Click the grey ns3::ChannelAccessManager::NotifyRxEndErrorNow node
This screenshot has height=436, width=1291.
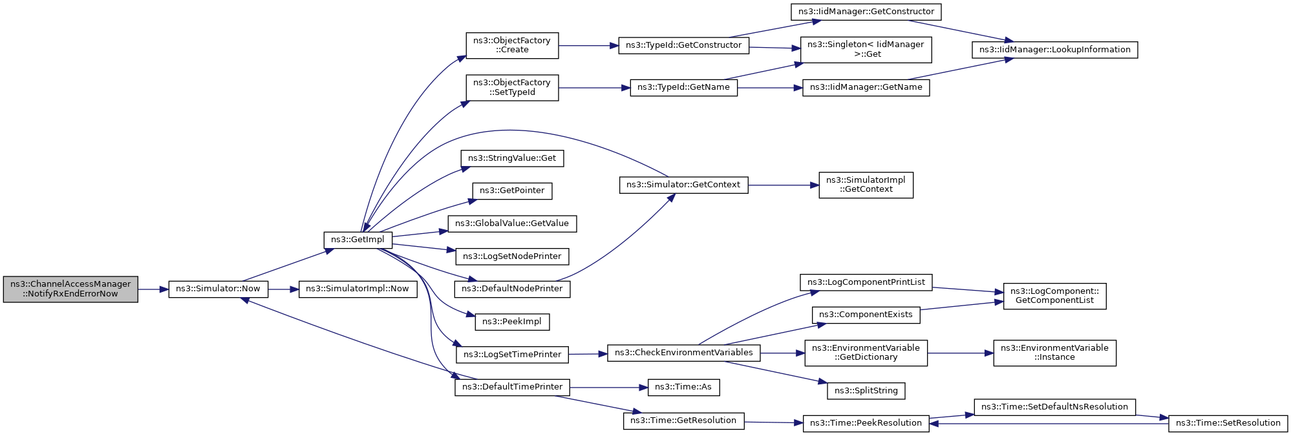tap(70, 289)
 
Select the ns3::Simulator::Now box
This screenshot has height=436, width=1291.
tap(218, 289)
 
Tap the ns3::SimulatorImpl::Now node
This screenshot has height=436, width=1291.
tap(357, 289)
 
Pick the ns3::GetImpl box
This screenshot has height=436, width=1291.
tap(357, 240)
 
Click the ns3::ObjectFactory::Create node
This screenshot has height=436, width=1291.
tap(512, 45)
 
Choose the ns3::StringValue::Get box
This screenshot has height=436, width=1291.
tap(512, 158)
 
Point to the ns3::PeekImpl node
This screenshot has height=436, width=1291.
tap(512, 322)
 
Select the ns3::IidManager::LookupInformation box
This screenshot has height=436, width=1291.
tap(1054, 50)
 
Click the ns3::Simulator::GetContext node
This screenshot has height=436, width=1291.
tap(683, 185)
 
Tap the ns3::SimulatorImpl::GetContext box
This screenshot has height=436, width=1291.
tap(866, 185)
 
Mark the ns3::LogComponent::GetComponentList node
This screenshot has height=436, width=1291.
tap(1054, 296)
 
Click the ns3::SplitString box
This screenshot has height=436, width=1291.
tap(866, 391)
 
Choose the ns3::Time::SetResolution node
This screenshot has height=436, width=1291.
tap(1228, 423)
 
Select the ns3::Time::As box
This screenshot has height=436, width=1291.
tap(683, 387)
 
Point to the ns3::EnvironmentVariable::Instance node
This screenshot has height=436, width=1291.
tap(1054, 353)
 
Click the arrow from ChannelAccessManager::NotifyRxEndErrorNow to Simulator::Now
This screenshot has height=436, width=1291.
tap(153, 289)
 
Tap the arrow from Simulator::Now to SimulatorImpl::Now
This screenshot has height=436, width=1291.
tap(283, 289)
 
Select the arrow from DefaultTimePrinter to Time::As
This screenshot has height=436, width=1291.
tap(608, 388)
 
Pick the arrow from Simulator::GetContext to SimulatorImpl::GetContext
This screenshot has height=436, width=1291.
tap(783, 185)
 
